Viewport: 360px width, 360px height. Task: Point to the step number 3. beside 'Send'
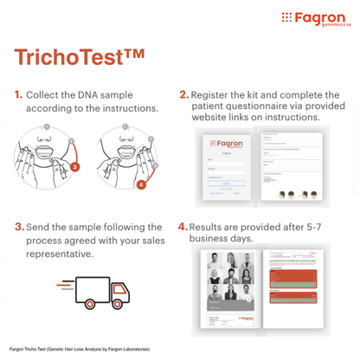point(17,227)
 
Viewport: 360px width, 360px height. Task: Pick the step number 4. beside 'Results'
point(183,227)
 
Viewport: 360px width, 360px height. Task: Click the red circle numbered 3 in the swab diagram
point(74,165)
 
